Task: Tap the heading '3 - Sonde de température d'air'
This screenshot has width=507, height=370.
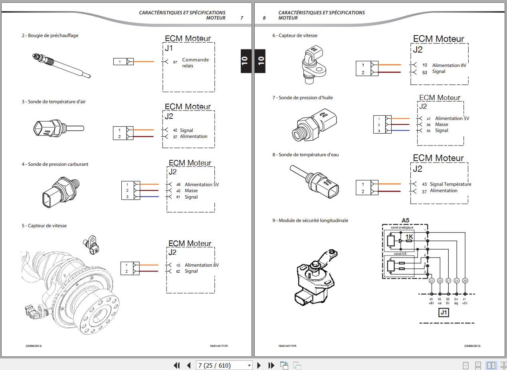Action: [53, 102]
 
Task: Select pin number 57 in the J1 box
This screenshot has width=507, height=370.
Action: [175, 62]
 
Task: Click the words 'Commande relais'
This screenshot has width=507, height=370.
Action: [195, 63]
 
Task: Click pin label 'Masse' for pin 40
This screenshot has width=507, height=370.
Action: [191, 191]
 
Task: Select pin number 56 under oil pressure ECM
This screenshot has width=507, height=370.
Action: [428, 131]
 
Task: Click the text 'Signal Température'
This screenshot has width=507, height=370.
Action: [450, 184]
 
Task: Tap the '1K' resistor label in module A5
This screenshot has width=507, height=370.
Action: [409, 237]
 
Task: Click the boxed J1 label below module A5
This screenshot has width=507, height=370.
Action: [444, 313]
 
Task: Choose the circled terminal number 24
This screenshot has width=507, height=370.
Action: [457, 281]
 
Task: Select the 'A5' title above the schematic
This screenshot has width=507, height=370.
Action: [405, 220]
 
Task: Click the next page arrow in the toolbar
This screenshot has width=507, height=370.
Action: [259, 365]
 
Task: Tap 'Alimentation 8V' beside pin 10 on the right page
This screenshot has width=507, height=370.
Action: [449, 65]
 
